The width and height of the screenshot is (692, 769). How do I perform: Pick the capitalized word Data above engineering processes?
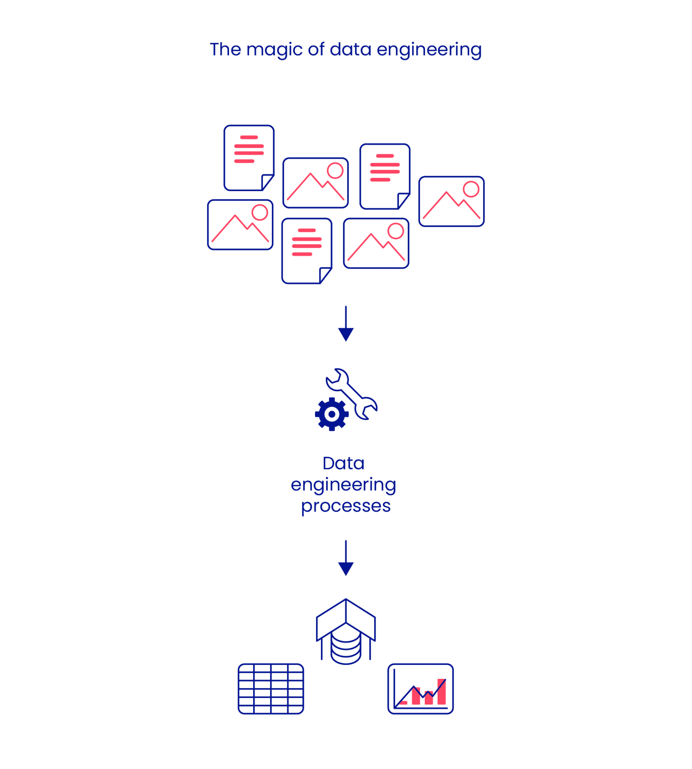coord(343,464)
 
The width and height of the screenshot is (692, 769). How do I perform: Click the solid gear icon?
coord(332,414)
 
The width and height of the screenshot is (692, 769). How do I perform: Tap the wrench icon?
coord(352,394)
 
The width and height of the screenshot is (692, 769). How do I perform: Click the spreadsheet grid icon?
coord(271,689)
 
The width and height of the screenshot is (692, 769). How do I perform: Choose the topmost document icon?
coord(249,157)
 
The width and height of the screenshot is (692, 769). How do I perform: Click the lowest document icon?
coord(307,251)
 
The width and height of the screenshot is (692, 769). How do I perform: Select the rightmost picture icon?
coord(451,202)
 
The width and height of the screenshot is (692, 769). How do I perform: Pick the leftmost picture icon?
coord(240,225)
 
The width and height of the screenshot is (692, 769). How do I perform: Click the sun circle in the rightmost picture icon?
coord(471,189)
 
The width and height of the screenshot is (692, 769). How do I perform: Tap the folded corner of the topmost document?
coord(267,182)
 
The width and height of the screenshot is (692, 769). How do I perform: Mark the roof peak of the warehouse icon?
coord(345,600)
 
